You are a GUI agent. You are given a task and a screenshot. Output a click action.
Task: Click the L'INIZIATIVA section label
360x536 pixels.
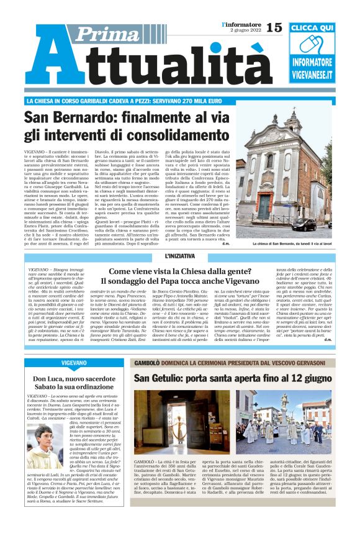click(x=180, y=256)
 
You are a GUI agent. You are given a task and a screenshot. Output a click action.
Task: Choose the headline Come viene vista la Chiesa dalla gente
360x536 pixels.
click(x=179, y=271)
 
